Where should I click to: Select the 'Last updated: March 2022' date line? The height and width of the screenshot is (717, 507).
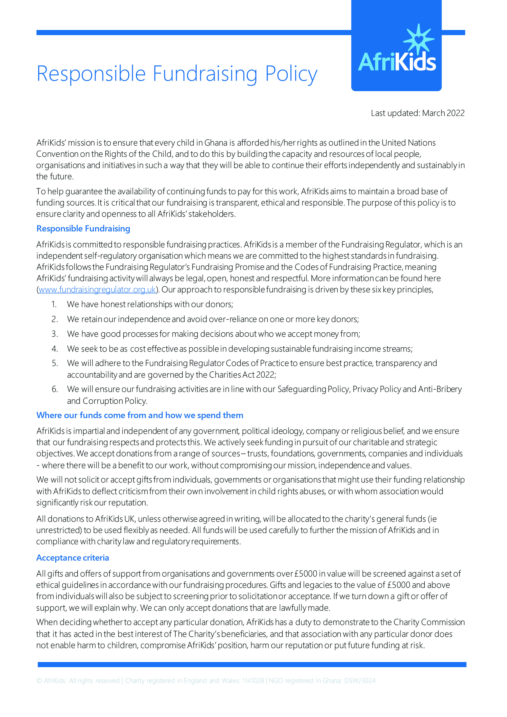pos(417,113)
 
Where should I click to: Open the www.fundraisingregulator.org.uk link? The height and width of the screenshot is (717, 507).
pos(97,289)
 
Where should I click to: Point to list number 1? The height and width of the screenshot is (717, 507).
pos(54,304)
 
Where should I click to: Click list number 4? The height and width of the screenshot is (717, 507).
pos(55,349)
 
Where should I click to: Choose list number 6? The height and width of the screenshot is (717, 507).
pos(55,389)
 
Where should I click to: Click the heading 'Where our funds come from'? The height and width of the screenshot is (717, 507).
pos(140,415)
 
